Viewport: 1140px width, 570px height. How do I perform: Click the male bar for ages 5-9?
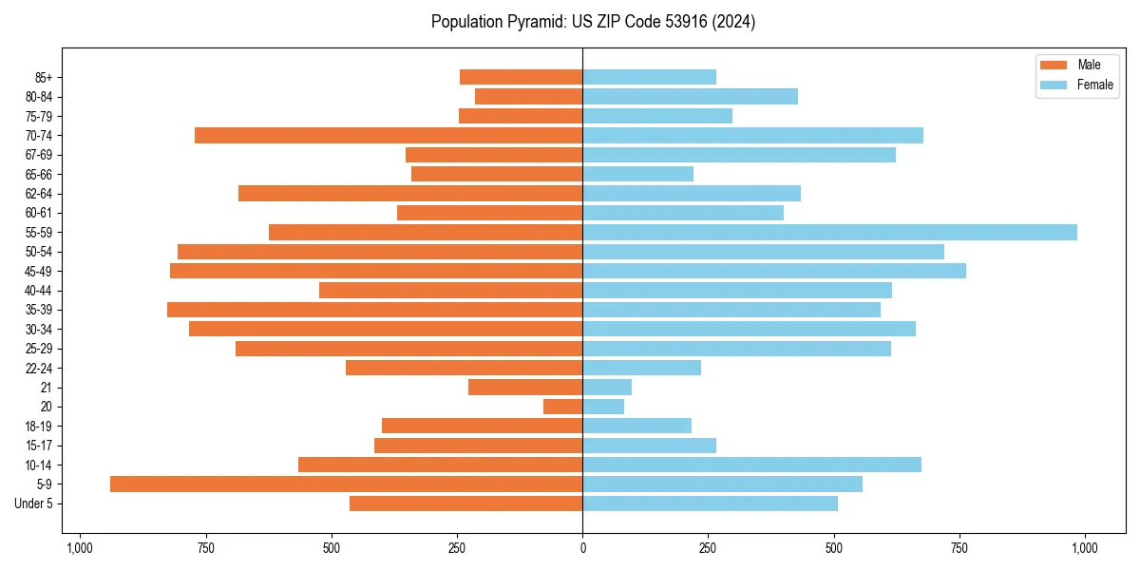pos(346,484)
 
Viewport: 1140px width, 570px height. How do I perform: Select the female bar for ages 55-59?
pos(829,232)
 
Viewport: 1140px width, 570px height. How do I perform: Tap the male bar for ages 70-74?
pos(389,135)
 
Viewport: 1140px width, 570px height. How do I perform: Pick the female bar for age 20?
pos(603,407)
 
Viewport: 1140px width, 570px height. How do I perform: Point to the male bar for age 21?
pos(525,387)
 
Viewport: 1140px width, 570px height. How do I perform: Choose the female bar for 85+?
pos(649,77)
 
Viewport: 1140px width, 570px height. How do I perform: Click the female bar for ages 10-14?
pos(751,465)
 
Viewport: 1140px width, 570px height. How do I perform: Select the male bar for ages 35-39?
pos(374,310)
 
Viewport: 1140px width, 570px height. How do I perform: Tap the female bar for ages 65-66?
pos(637,174)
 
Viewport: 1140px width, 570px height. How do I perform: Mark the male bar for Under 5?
pos(465,503)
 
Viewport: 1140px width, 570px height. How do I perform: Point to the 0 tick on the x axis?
pos(582,548)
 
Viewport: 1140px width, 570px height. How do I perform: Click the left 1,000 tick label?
pos(79,548)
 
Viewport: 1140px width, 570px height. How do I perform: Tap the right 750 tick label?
pos(959,548)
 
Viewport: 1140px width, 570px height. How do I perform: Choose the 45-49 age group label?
pos(39,271)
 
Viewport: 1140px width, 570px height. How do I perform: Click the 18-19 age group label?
pos(39,426)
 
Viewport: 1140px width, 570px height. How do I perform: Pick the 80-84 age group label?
pos(39,96)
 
